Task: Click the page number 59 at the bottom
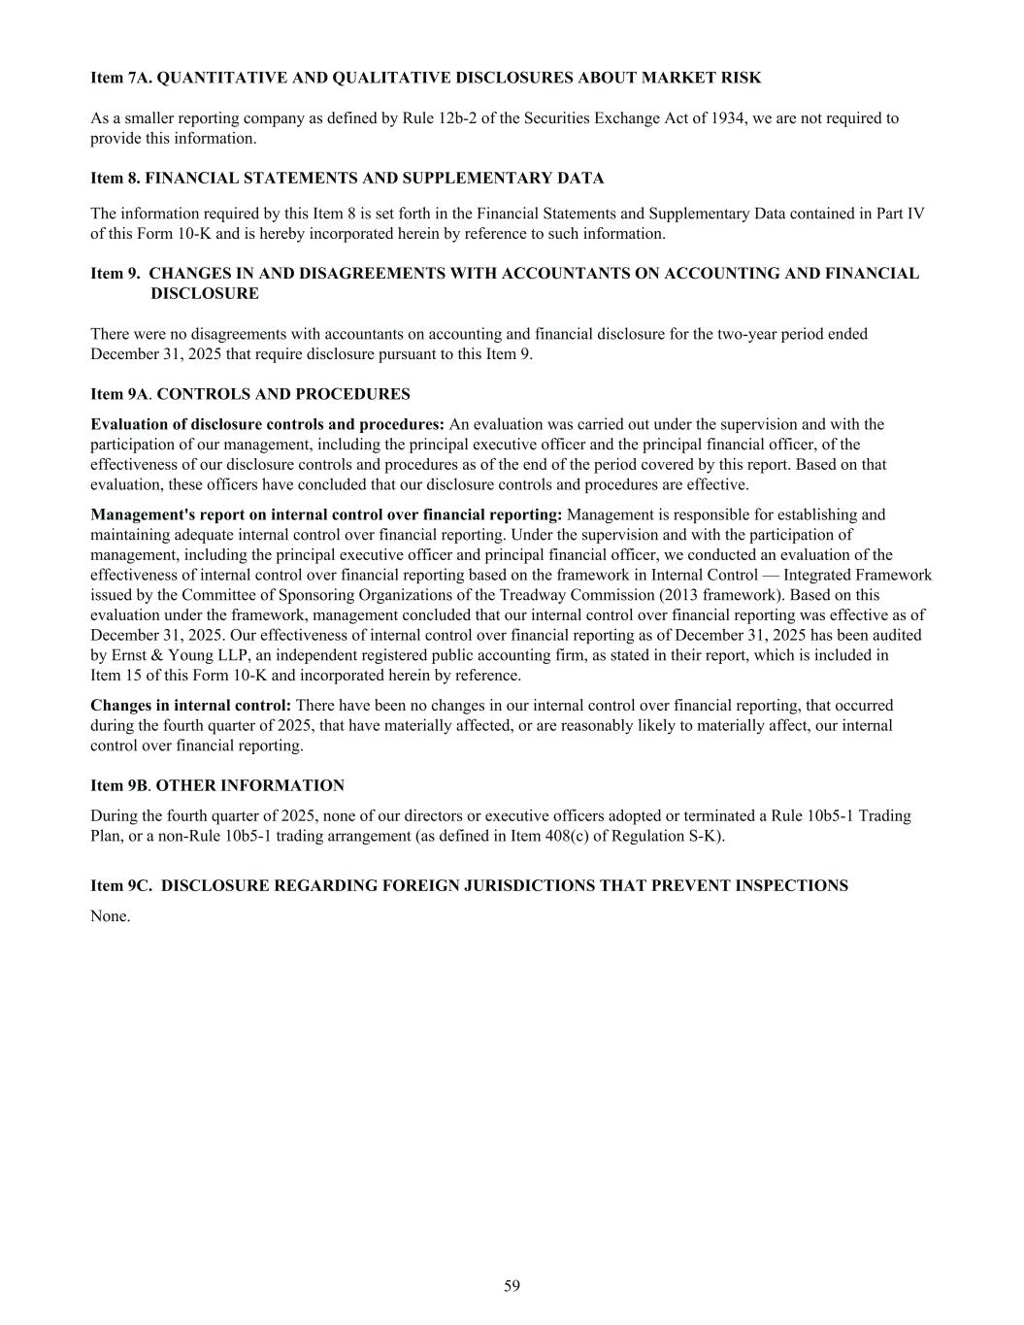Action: [x=512, y=1286]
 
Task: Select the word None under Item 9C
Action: [x=110, y=915]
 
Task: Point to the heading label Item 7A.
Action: [x=121, y=78]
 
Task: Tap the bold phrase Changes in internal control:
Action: [x=190, y=706]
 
